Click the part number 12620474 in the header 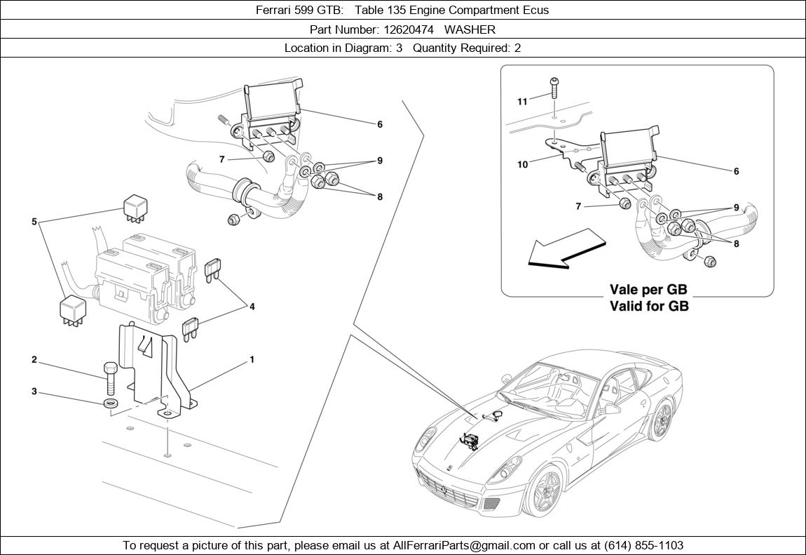coord(407,29)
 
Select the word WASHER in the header coord(470,29)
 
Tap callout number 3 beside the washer coord(34,392)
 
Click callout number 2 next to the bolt coord(34,360)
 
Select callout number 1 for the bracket coord(252,360)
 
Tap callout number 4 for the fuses coord(252,306)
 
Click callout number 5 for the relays coord(34,222)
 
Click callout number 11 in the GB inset coord(522,102)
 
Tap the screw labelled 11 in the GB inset coord(554,87)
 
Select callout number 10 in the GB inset coord(522,165)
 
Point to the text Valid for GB coord(649,306)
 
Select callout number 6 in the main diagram coord(380,125)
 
